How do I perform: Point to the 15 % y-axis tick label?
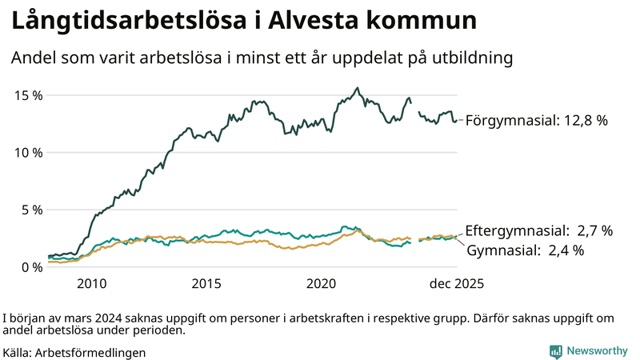(29, 95)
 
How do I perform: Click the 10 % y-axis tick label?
(29, 153)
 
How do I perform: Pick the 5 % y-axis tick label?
(32, 210)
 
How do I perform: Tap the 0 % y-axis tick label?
(32, 267)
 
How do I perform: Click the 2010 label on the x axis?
(91, 284)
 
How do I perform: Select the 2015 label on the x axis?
(206, 284)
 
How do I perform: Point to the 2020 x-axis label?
(322, 284)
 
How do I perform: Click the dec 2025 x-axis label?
(456, 284)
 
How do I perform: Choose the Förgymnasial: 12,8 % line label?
(537, 121)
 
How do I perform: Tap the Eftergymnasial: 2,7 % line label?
(538, 231)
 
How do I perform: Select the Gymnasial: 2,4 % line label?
(525, 250)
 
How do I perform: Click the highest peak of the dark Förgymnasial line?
(358, 88)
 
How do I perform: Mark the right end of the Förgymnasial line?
(456, 121)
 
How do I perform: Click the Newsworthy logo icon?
(555, 351)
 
